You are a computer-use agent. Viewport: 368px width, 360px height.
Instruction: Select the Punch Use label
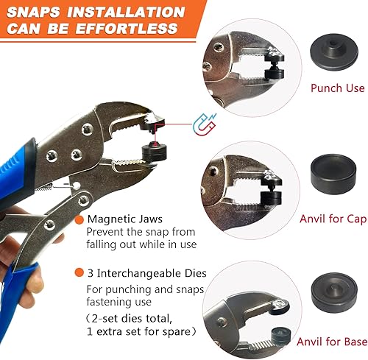click(337, 88)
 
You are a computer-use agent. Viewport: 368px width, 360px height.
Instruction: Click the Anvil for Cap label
click(333, 218)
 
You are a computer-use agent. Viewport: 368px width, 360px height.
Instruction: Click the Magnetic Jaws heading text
click(124, 219)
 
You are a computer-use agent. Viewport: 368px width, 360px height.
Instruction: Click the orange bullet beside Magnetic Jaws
click(80, 219)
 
